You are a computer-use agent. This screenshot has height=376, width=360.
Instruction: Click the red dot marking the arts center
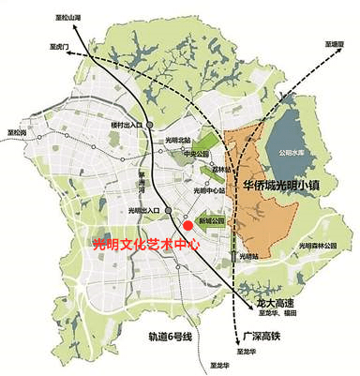188,225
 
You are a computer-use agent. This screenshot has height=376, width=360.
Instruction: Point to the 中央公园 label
195,155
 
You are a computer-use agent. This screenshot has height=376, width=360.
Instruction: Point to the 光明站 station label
247,255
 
